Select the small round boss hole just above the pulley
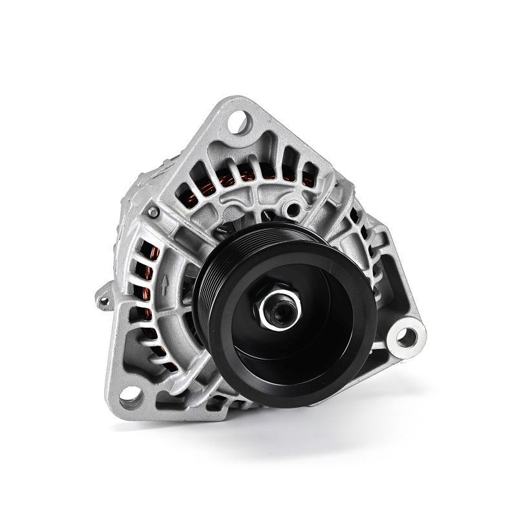tap(294, 209)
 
